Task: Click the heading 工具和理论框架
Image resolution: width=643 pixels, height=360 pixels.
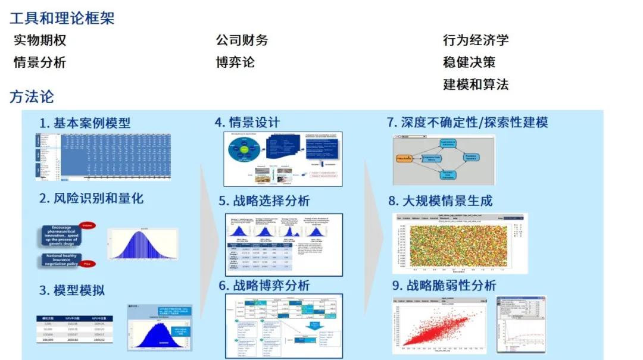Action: pos(62,18)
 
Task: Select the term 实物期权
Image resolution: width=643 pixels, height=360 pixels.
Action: pos(40,40)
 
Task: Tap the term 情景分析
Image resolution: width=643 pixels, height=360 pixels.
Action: pos(40,62)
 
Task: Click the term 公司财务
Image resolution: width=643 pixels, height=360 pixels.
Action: pos(242,40)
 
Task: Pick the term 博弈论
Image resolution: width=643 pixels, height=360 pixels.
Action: pos(235,62)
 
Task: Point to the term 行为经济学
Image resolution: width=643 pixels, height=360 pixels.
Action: pos(476,40)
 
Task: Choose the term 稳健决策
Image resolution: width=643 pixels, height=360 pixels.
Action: pos(469,62)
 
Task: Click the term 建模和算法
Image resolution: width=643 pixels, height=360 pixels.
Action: pos(476,84)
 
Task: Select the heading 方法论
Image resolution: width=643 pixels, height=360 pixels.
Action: pos(32,96)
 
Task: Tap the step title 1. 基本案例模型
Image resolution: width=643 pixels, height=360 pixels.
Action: pos(85,123)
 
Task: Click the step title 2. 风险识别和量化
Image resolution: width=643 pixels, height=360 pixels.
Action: pos(92,199)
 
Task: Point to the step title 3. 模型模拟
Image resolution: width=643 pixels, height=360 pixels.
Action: pos(72,290)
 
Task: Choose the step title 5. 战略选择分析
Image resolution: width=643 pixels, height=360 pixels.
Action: pos(264,201)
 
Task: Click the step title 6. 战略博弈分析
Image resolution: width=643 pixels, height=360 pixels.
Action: pos(264,286)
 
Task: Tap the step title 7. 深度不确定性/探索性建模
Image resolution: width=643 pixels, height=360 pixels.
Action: pos(467,123)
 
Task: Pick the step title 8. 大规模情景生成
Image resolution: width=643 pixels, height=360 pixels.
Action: pos(441,201)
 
